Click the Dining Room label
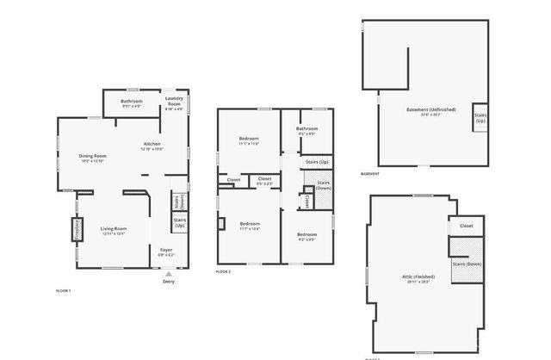point(92,155)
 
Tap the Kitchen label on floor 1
point(152,144)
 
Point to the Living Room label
point(115,228)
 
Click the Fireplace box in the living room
point(77,230)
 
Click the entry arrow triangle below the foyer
point(168,274)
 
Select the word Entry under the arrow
point(169,282)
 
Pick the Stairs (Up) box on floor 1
point(180,222)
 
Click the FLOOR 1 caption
point(63,291)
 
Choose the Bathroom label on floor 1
point(132,102)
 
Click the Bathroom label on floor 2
point(307,130)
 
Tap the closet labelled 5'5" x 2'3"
point(265,181)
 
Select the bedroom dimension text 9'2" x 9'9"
point(307,239)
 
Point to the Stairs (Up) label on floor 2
point(317,162)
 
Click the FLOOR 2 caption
point(224,271)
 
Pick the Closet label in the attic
point(466,226)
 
